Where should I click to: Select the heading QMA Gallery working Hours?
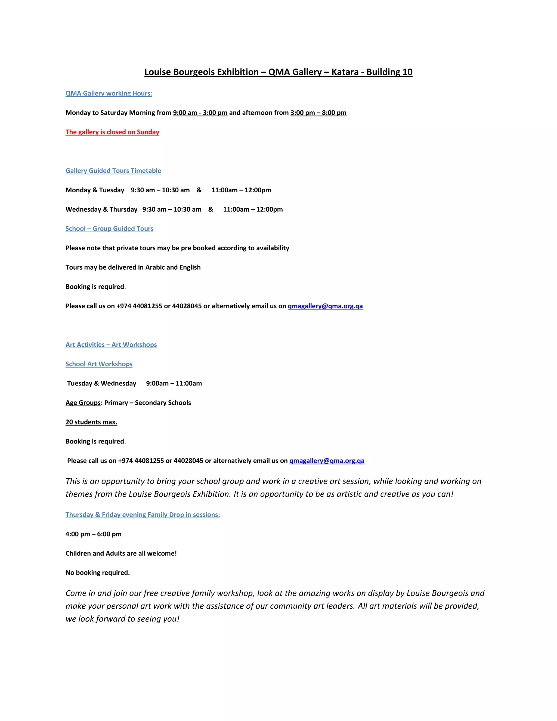coord(109,93)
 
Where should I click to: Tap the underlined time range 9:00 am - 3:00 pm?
coord(200,113)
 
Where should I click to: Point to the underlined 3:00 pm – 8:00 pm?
coord(318,113)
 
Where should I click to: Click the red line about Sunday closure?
coord(112,132)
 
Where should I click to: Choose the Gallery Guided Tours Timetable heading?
coord(113,171)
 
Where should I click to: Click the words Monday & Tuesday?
coord(95,190)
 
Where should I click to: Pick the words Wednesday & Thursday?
coord(101,209)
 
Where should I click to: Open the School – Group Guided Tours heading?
coord(109,229)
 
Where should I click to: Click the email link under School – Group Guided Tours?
coord(325,306)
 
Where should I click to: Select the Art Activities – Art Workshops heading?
coord(111,345)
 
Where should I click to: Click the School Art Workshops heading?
coord(99,364)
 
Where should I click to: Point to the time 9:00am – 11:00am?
coord(174,383)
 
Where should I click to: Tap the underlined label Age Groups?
coord(83,403)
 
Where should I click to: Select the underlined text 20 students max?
coord(91,422)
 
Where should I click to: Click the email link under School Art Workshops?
coord(327,461)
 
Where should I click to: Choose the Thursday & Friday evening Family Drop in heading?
coord(143,515)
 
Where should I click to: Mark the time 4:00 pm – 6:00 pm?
coord(93,534)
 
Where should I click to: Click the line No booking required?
coord(97,573)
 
